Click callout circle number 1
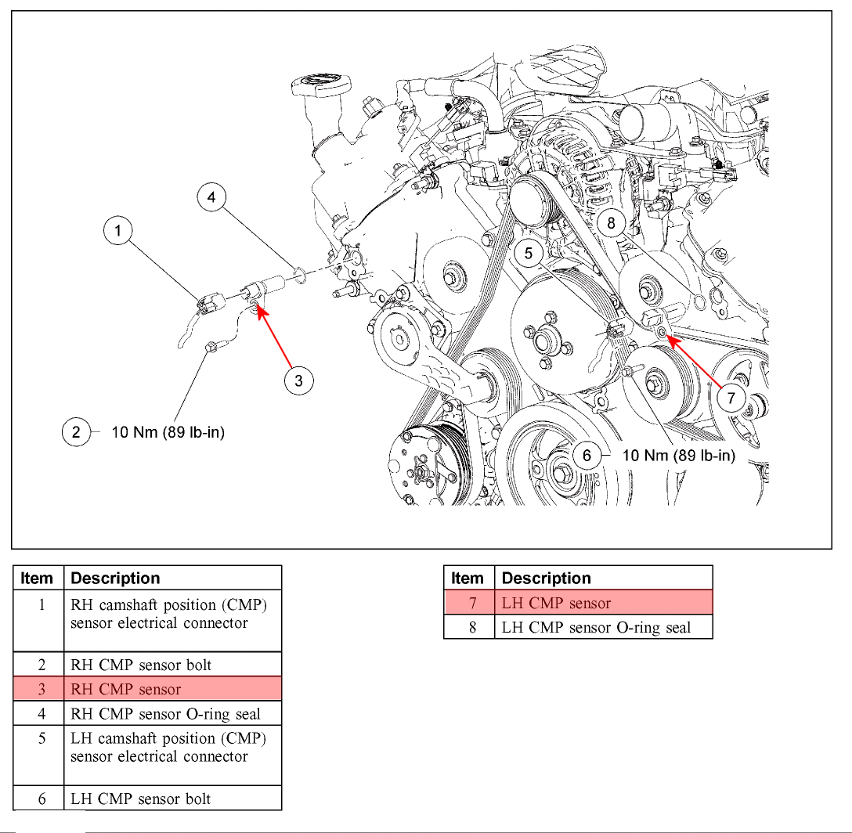[x=118, y=230]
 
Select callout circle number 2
[x=76, y=432]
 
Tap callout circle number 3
[x=298, y=381]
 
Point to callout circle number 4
[x=211, y=197]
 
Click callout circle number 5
[x=529, y=253]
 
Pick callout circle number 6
[x=586, y=455]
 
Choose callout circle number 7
[x=731, y=398]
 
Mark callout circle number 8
[x=612, y=223]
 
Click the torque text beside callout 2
[x=168, y=432]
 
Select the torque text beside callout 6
[x=678, y=455]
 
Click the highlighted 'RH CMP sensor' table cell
[x=171, y=689]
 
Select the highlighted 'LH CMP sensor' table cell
[x=603, y=603]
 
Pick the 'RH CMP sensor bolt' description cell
[x=171, y=665]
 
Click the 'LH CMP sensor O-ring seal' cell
[x=603, y=627]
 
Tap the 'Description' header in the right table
[x=546, y=579]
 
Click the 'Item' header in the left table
[x=37, y=579]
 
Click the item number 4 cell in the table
[x=42, y=713]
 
